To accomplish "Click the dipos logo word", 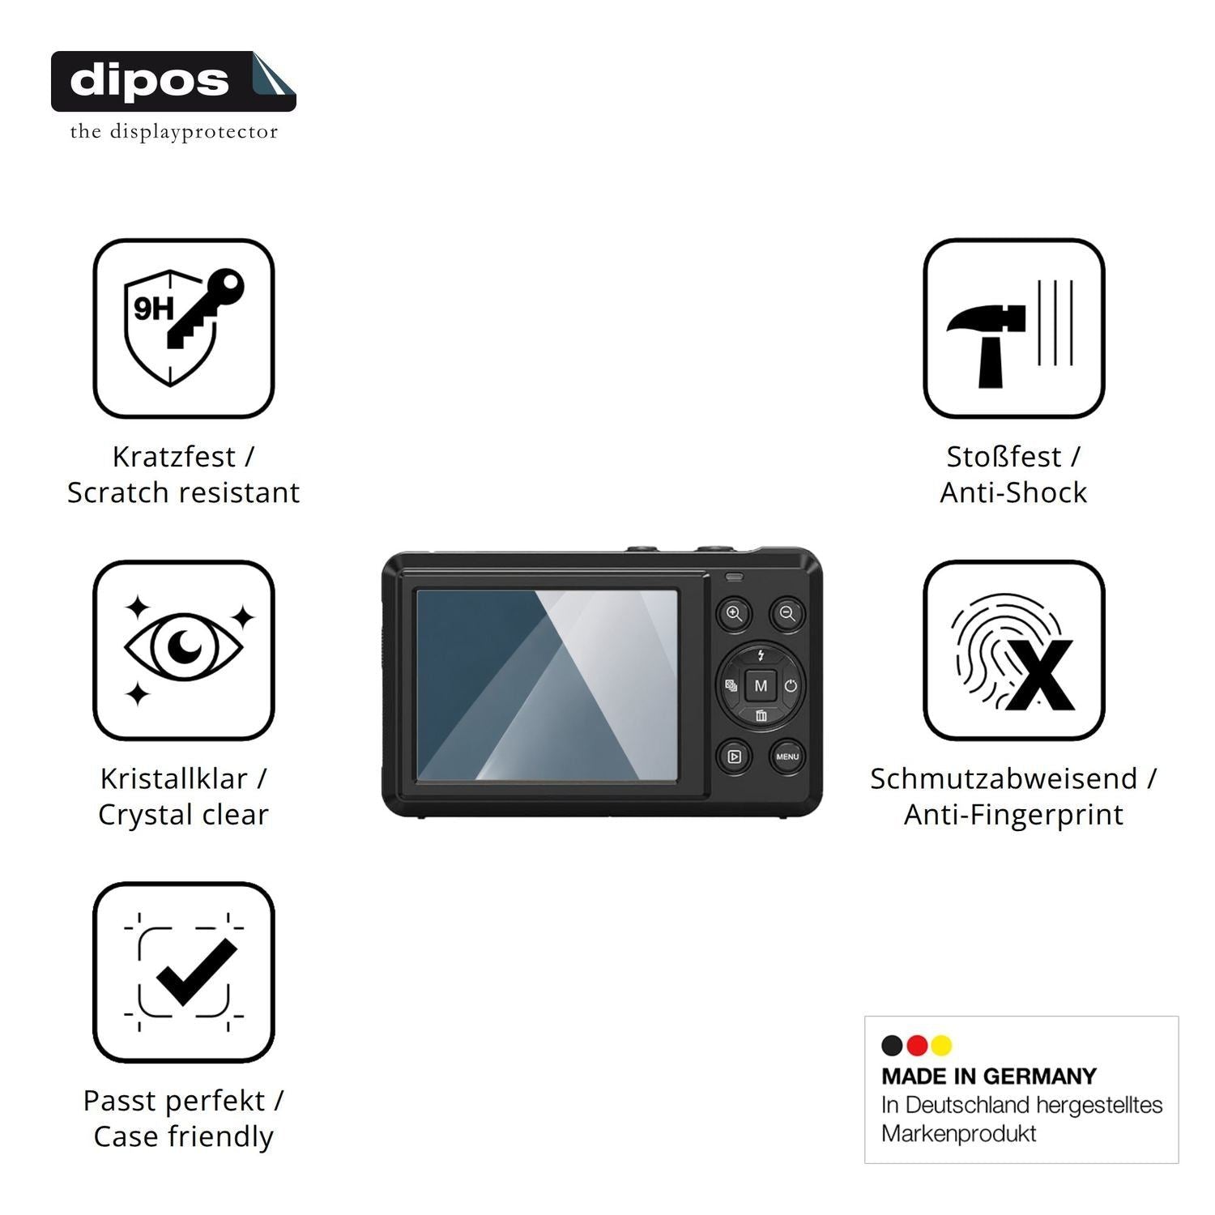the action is point(149,81).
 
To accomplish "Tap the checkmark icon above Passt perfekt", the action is point(185,971).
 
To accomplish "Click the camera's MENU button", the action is point(787,757).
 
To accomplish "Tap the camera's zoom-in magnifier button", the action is point(734,614).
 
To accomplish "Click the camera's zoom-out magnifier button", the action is point(787,614).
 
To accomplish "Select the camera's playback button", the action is point(734,757).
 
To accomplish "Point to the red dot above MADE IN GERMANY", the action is point(917,1046).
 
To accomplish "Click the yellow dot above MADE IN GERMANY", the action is point(941,1046).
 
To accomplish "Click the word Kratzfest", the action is point(173,457).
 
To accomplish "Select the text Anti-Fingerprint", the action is point(1013,814).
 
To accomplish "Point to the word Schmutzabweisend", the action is point(1004,778).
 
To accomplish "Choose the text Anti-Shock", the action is point(1013,492).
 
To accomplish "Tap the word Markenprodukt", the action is point(959,1133).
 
